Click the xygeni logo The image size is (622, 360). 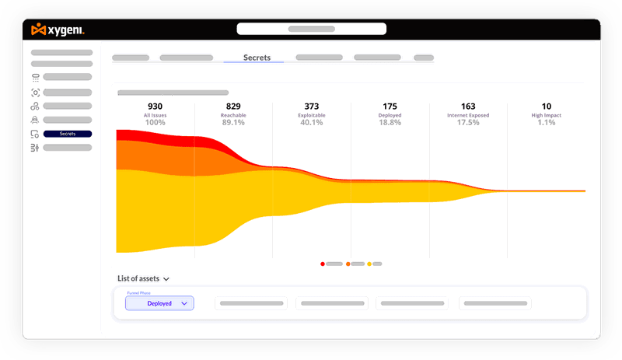pos(58,30)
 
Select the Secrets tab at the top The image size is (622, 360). pos(257,58)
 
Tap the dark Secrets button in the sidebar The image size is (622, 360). pos(68,134)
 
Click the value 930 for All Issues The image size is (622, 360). pos(155,107)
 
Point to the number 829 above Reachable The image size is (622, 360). pos(233,107)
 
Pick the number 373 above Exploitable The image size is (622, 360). pos(312,107)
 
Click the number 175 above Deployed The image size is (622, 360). pos(390,107)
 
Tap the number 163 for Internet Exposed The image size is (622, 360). pos(468,107)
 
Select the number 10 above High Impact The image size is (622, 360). pos(547,107)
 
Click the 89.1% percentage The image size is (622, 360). pos(233,122)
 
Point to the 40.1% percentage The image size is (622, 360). pos(312,122)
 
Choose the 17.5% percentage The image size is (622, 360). pos(468,122)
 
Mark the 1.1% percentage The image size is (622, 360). pos(547,122)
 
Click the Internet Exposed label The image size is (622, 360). pos(468,115)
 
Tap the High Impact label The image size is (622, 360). pos(547,115)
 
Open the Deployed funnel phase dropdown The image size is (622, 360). pos(159,304)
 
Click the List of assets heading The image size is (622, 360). pos(138,278)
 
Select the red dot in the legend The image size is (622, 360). pos(323,264)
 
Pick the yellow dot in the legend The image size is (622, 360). pos(369,264)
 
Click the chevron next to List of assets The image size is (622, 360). pos(166,278)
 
